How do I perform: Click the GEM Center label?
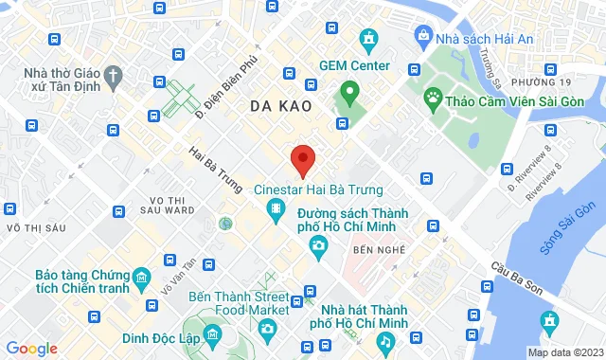pos(354,65)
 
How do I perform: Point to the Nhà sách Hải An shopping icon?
pos(423,36)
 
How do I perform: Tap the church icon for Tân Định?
pos(113,74)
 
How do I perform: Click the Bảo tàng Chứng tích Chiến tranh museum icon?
pos(141,277)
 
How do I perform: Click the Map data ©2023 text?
pos(564,352)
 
